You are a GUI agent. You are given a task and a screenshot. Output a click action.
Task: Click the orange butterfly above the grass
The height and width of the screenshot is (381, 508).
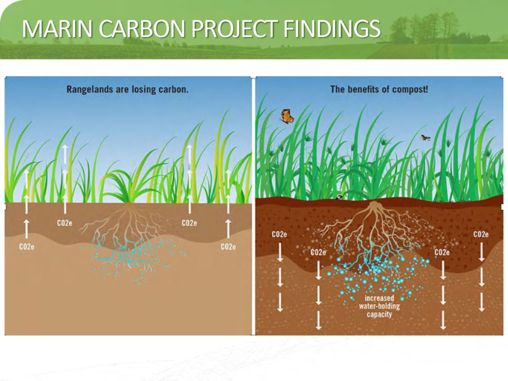(287, 116)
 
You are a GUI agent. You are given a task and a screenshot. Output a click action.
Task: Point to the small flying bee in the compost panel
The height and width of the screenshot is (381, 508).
(426, 138)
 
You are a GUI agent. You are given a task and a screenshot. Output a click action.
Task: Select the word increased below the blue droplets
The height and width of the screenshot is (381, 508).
(379, 298)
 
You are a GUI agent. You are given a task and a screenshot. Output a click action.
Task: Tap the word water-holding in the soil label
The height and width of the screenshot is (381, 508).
(379, 306)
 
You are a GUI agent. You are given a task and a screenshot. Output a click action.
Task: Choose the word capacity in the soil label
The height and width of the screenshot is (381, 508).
(379, 314)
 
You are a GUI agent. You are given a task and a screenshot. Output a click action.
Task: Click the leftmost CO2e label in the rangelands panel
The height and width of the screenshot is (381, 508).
(26, 247)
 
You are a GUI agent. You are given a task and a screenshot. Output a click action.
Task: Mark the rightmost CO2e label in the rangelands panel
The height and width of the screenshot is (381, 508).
(229, 247)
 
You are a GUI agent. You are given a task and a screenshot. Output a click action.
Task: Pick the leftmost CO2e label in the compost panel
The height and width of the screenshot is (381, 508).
(279, 234)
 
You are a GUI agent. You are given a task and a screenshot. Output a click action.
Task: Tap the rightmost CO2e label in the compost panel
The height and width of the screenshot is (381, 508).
(481, 234)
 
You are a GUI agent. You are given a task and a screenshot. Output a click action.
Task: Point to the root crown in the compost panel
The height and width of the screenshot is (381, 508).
(374, 205)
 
